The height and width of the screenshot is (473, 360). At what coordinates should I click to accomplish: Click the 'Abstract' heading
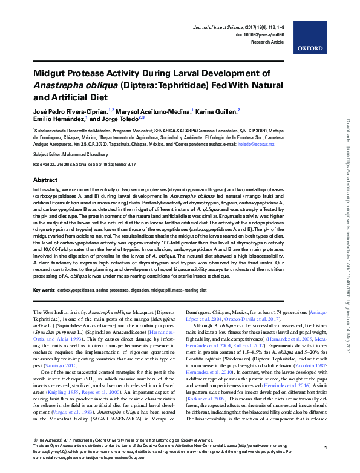click(x=45, y=180)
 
